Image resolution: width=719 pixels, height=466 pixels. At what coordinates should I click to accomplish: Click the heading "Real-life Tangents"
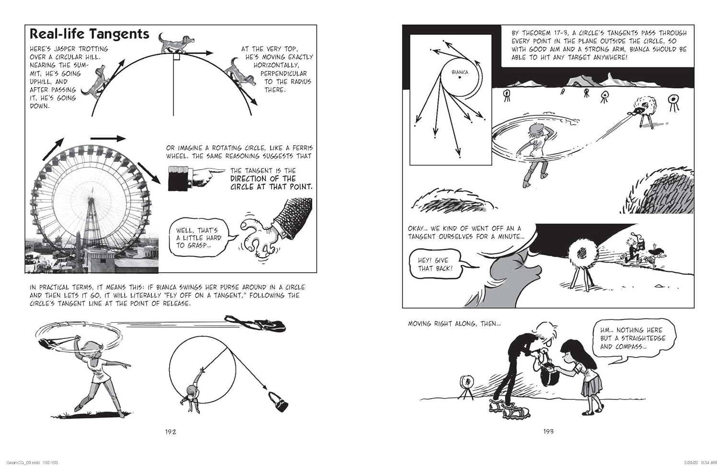tap(89, 34)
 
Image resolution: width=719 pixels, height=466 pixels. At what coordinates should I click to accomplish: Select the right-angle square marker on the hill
tap(176, 57)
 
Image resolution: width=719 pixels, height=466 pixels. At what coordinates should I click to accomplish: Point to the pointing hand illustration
tap(196, 178)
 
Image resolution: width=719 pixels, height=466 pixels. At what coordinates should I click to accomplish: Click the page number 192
tap(171, 432)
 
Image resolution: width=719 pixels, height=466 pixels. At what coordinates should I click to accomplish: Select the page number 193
tap(548, 432)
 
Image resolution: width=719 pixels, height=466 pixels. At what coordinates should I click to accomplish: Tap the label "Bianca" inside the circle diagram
tap(459, 72)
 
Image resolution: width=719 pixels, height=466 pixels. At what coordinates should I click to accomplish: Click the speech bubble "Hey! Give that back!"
tap(435, 264)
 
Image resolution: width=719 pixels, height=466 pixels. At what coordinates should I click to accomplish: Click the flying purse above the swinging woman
tap(256, 324)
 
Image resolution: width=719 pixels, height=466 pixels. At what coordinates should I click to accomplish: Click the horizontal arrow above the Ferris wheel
tap(107, 138)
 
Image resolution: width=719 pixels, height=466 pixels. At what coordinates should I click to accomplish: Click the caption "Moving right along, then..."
tap(454, 324)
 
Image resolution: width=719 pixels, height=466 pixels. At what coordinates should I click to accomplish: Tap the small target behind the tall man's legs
tap(465, 384)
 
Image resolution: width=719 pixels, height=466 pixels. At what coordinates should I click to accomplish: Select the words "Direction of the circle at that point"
tap(271, 182)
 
